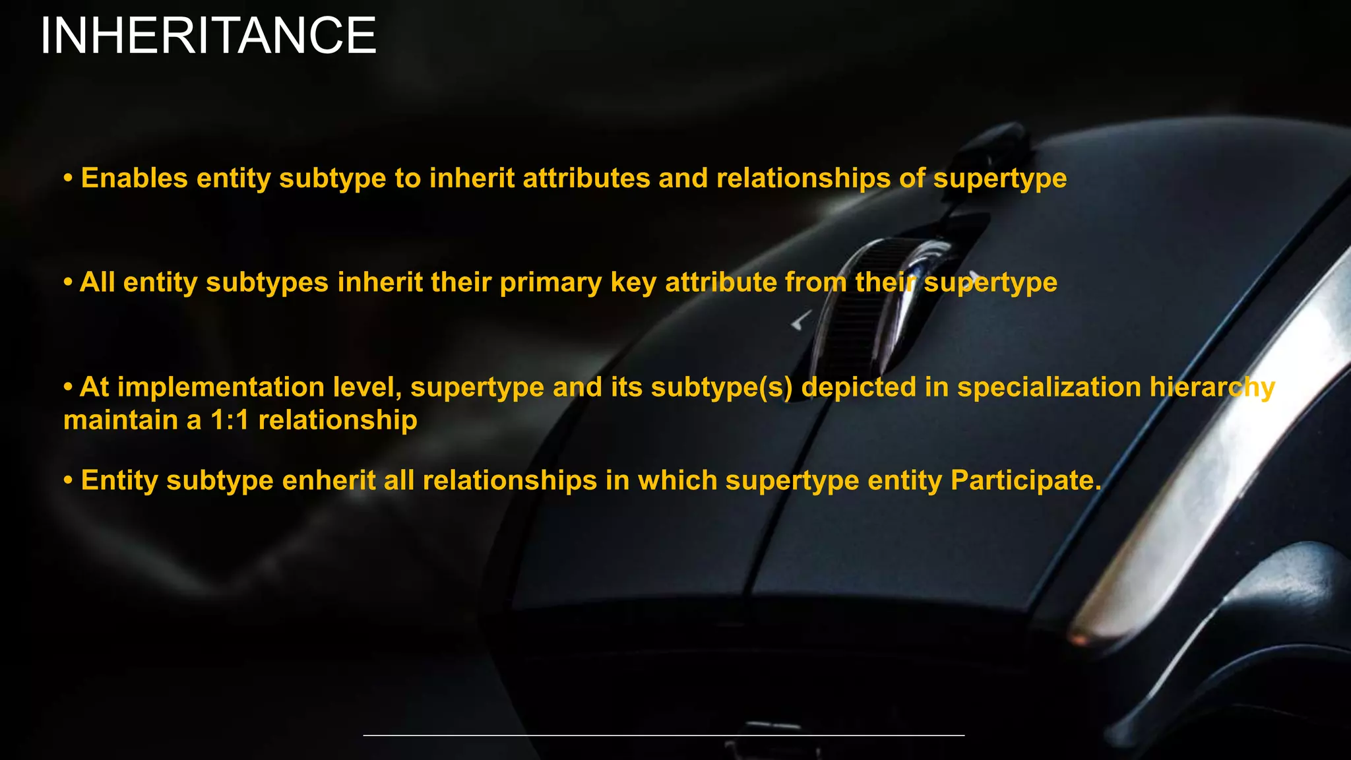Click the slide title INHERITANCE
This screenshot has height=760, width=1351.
point(208,36)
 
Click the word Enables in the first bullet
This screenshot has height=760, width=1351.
point(134,178)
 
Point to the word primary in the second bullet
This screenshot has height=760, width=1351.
point(551,283)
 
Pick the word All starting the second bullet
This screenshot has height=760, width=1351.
point(98,282)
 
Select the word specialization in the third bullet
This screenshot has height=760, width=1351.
point(1049,387)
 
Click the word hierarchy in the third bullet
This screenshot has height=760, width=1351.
point(1212,388)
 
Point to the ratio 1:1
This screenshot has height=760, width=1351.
point(230,420)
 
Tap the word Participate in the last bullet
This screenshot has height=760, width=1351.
point(1026,480)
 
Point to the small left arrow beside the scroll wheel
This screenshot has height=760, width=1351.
point(800,321)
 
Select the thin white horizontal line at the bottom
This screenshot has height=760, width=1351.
point(664,735)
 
